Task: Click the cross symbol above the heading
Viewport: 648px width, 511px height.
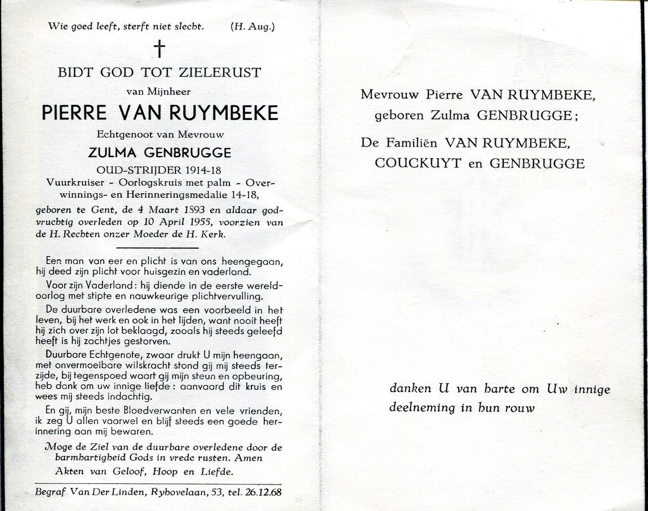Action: click(x=159, y=49)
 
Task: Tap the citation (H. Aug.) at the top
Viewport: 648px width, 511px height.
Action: click(x=252, y=26)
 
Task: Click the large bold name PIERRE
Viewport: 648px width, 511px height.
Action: click(x=74, y=113)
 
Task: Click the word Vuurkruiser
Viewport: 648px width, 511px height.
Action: click(x=75, y=184)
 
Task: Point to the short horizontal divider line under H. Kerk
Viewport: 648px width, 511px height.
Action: click(x=157, y=247)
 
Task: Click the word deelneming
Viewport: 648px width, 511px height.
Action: click(x=422, y=407)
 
